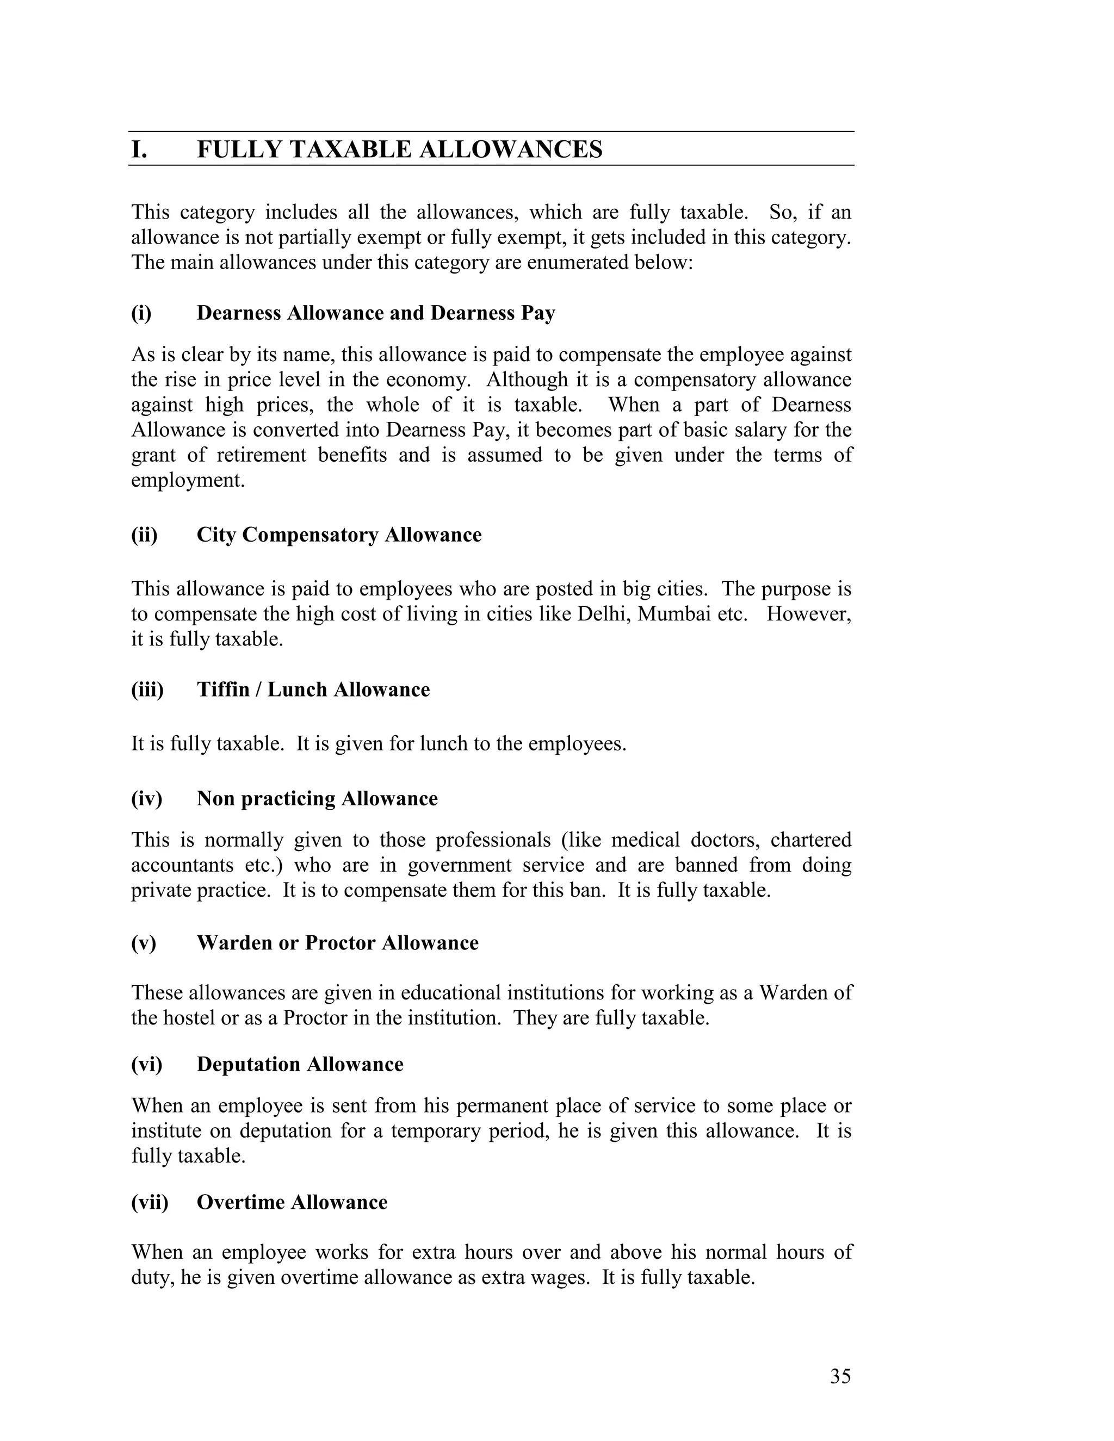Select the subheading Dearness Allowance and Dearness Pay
375,313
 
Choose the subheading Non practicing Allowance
317,798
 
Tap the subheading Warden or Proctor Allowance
337,943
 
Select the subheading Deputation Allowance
300,1064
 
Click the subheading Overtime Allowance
292,1202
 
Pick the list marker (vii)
150,1202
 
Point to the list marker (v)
143,943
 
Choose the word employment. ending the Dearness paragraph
188,480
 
